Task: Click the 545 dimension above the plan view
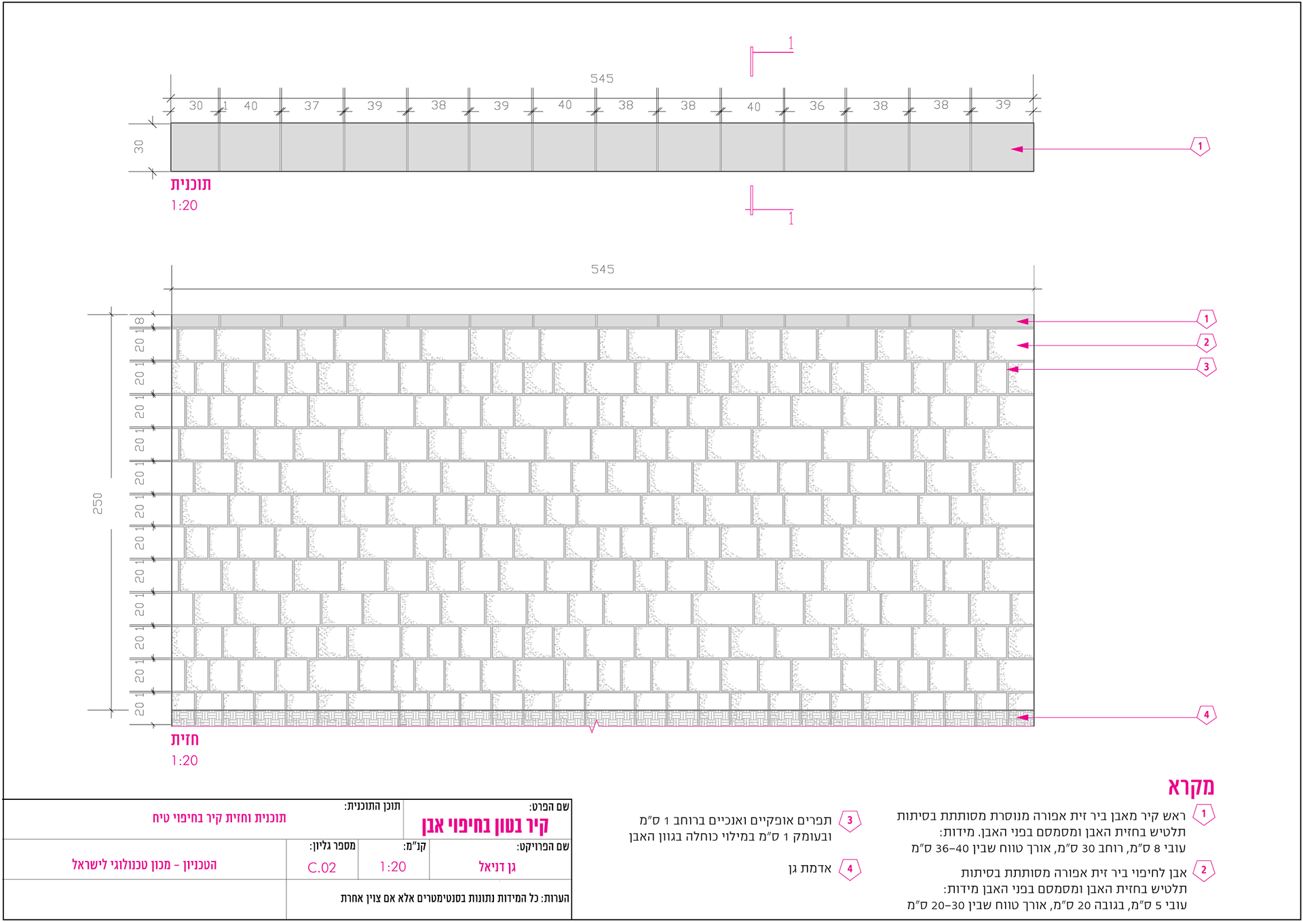pyautogui.click(x=601, y=79)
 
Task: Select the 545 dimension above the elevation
pyautogui.click(x=602, y=269)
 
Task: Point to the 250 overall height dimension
pyautogui.click(x=98, y=503)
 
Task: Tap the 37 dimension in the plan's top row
pyautogui.click(x=311, y=106)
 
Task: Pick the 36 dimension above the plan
pyautogui.click(x=816, y=106)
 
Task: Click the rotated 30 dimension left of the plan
pyautogui.click(x=139, y=147)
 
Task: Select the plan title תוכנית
pyautogui.click(x=191, y=185)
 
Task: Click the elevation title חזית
pyautogui.click(x=185, y=739)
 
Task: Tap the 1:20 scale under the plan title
pyautogui.click(x=184, y=206)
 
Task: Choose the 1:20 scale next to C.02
pyautogui.click(x=393, y=867)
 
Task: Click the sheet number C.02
pyautogui.click(x=322, y=868)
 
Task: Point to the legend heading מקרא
pyautogui.click(x=1191, y=787)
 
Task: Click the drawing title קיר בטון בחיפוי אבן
pyautogui.click(x=485, y=826)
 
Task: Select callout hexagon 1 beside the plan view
pyautogui.click(x=1200, y=147)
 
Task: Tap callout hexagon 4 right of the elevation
pyautogui.click(x=1206, y=714)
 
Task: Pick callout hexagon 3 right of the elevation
pyautogui.click(x=1206, y=367)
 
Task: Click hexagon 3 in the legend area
pyautogui.click(x=850, y=820)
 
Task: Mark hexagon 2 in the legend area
pyautogui.click(x=1203, y=870)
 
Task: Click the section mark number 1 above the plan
pyautogui.click(x=791, y=44)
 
